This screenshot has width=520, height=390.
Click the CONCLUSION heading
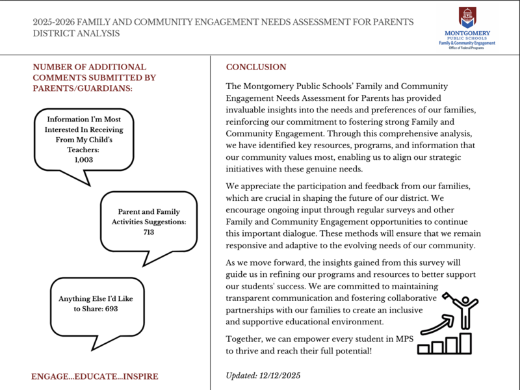(x=255, y=67)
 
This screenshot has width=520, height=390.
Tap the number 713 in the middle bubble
(x=149, y=232)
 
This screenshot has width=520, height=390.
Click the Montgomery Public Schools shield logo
(x=467, y=17)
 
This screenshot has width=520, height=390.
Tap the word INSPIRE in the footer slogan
(x=138, y=376)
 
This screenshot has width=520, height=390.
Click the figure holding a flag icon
(x=463, y=311)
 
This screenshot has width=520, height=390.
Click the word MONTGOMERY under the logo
(x=467, y=32)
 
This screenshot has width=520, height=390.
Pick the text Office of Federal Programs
(x=467, y=47)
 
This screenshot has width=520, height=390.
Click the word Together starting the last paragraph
(x=244, y=339)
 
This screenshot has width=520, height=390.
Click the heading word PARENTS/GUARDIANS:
(x=83, y=88)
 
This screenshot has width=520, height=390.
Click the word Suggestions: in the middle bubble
(x=164, y=222)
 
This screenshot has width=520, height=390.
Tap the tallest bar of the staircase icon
(x=465, y=342)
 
